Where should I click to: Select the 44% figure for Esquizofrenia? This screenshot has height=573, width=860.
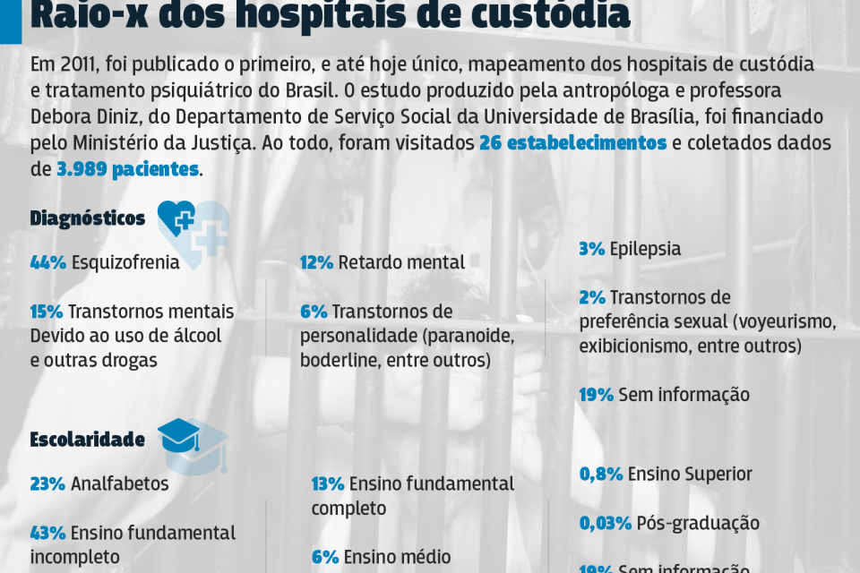tap(48, 262)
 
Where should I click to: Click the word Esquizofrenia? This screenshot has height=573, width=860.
tap(125, 262)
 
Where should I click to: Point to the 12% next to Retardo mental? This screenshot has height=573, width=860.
tap(316, 262)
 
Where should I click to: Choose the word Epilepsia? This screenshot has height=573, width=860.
tap(645, 249)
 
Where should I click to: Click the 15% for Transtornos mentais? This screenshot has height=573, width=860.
tap(47, 312)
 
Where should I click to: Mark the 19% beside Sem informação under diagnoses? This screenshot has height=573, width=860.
tap(596, 394)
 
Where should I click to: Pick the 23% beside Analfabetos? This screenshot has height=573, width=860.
tap(47, 483)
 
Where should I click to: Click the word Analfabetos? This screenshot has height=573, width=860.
tap(120, 483)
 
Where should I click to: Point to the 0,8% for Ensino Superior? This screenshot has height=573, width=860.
tap(601, 475)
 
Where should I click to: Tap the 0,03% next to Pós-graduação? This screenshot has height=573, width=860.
tap(607, 523)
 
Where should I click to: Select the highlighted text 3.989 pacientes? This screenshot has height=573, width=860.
tap(127, 169)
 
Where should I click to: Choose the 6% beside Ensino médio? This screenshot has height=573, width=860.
tap(325, 556)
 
